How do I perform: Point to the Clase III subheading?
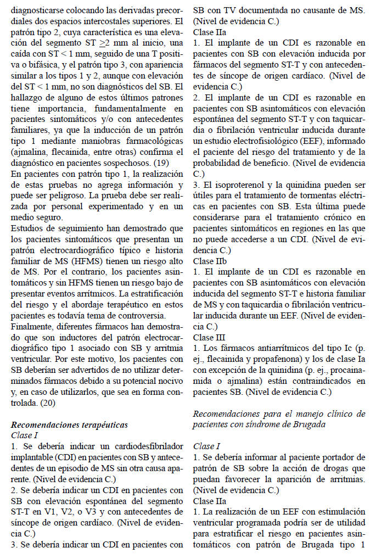pyautogui.click(x=209, y=337)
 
